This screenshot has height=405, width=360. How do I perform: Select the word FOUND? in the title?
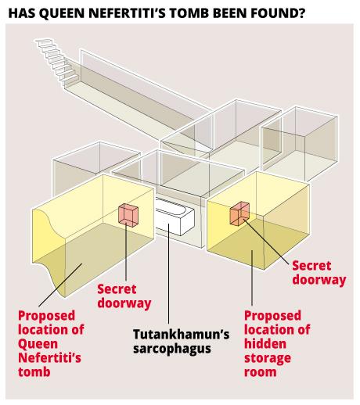pos(278,13)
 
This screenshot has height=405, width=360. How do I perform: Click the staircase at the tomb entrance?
pos(57,63)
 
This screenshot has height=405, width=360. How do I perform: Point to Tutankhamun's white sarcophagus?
pos(175,216)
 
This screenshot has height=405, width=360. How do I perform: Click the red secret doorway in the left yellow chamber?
pos(128,215)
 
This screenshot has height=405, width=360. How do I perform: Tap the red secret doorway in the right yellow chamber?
pos(239,213)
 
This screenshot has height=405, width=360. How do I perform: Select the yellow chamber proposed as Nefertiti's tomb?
pos(93,235)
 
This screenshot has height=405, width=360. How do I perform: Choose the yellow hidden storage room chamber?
pos(258,221)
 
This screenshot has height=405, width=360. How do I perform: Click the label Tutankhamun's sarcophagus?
pos(181,342)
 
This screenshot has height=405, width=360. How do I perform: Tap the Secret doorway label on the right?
pos(319,273)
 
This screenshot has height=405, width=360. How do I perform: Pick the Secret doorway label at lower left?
pos(124,296)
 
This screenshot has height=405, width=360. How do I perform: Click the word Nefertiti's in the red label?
pos(49,357)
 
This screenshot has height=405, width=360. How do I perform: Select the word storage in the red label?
pos(268,359)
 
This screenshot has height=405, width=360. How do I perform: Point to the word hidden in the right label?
pos(265,343)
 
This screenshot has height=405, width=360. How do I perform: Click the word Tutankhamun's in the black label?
pos(181,334)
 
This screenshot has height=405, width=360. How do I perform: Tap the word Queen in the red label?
pos(38,345)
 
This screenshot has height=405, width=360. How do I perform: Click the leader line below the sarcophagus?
pos(169,274)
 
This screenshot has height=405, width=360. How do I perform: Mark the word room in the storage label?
pos(260,372)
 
